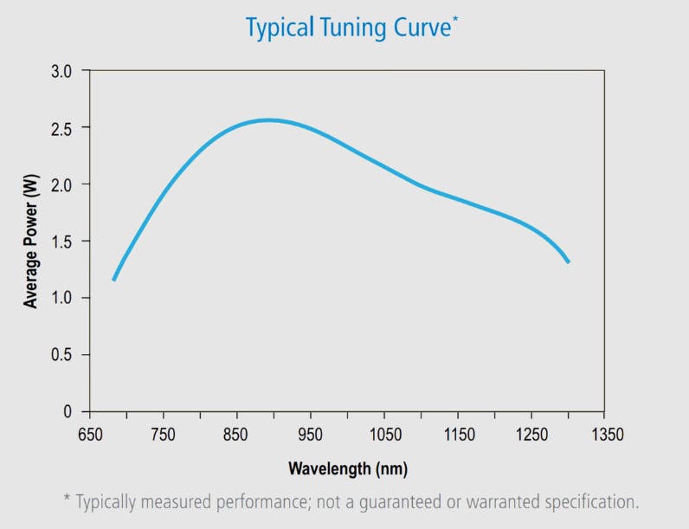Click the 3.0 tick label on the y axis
pyautogui.click(x=64, y=70)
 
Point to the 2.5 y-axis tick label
pyautogui.click(x=64, y=127)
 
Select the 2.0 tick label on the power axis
pyautogui.click(x=64, y=184)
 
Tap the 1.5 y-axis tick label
pyautogui.click(x=64, y=241)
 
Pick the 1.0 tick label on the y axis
pyautogui.click(x=64, y=298)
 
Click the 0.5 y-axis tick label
pyautogui.click(x=64, y=355)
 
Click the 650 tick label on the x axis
pyautogui.click(x=89, y=434)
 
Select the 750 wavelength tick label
pyautogui.click(x=163, y=434)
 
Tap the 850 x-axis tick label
pyautogui.click(x=236, y=434)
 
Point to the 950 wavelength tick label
pyautogui.click(x=310, y=434)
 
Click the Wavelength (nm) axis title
pyautogui.click(x=347, y=468)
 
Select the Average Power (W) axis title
pyautogui.click(x=31, y=240)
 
